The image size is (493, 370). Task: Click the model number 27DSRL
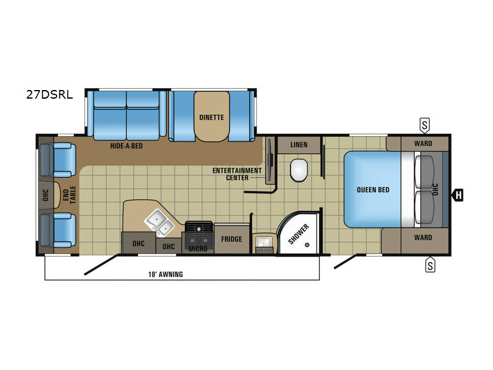[49, 94]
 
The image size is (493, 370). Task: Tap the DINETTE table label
[211, 117]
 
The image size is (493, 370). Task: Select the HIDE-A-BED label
[126, 146]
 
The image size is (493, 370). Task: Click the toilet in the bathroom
[299, 170]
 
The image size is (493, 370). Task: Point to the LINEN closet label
[299, 145]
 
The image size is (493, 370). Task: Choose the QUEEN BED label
[373, 190]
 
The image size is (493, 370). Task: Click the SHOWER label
[298, 234]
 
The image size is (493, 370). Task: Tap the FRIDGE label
[232, 239]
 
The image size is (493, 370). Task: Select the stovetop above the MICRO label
[198, 231]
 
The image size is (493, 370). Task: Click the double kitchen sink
[159, 223]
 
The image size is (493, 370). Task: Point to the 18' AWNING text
[166, 274]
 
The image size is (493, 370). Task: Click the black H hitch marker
[457, 195]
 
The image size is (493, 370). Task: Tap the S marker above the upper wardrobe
[425, 126]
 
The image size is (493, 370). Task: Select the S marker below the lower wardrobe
[430, 265]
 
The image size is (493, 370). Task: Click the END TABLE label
[69, 195]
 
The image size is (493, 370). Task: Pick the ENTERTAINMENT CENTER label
[237, 174]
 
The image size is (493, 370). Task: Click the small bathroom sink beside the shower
[264, 243]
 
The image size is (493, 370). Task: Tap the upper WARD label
[423, 144]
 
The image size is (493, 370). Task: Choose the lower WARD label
[423, 237]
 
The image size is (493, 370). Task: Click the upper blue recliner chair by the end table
[58, 160]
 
